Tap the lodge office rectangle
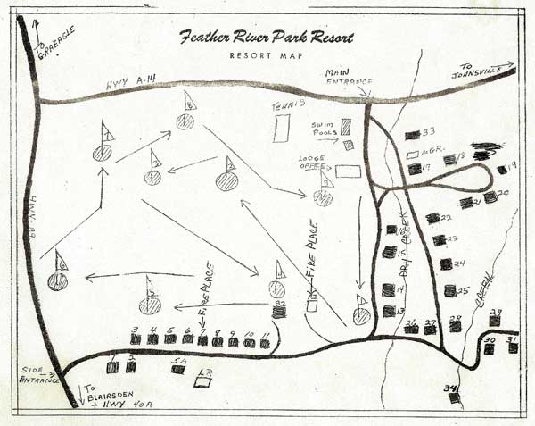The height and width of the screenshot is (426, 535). [347, 170]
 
